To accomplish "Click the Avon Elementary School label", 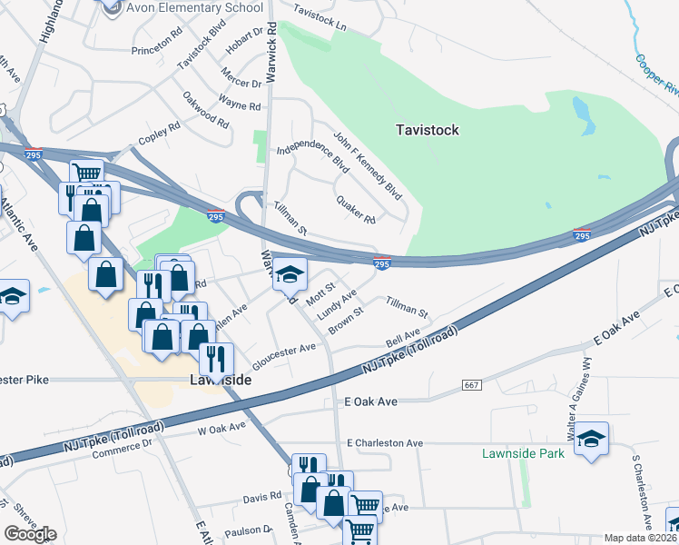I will tap(183, 8).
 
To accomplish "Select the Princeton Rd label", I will tap(156, 51).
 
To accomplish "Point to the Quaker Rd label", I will tap(355, 209).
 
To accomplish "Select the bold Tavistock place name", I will tap(428, 130).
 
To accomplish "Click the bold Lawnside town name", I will tap(220, 380).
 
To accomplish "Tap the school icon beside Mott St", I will tap(290, 272).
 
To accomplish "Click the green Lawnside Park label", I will tap(523, 453).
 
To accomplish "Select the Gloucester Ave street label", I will tap(283, 351).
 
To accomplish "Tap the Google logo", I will tap(30, 534).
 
